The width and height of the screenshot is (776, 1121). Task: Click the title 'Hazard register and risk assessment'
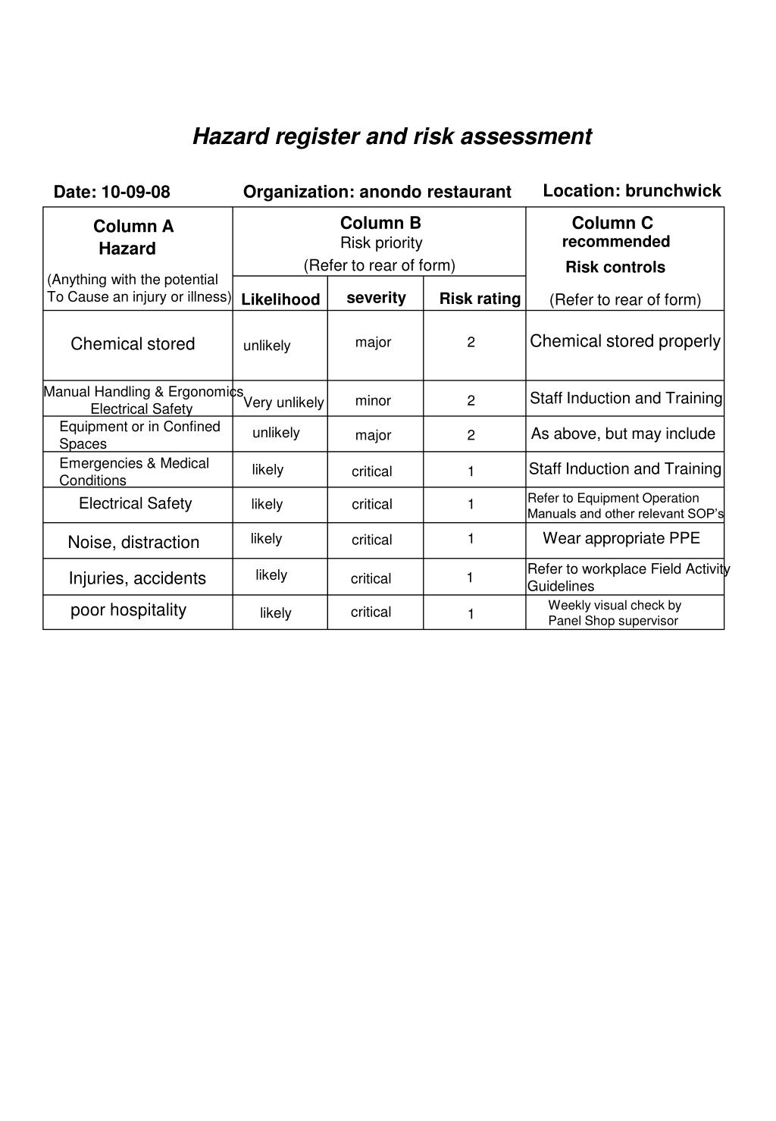392,136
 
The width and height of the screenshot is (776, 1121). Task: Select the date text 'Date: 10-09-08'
111,192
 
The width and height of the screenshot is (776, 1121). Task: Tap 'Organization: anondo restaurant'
377,192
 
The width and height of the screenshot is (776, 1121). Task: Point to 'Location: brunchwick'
631,191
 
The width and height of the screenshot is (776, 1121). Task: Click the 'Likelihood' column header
280,299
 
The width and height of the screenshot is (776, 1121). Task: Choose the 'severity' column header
376,298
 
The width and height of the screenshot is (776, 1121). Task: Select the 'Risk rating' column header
480,299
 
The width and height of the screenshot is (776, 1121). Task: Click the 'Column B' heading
380,223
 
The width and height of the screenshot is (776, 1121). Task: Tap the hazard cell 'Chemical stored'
133,344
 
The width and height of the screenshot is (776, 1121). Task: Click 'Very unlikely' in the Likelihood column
283,402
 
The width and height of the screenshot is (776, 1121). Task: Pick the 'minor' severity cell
373,401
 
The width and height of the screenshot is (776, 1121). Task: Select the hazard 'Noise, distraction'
133,543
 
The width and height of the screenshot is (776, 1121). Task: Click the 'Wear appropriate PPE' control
621,539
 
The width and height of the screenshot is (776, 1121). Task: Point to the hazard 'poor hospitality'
128,610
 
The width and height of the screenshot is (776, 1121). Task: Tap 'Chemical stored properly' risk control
624,341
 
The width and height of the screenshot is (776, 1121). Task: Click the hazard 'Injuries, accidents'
137,579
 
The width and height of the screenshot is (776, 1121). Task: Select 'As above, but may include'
623,434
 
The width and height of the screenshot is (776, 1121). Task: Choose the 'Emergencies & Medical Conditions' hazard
133,471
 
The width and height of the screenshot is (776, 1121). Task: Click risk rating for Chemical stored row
471,343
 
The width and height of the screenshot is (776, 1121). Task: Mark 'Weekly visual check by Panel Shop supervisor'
614,613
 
